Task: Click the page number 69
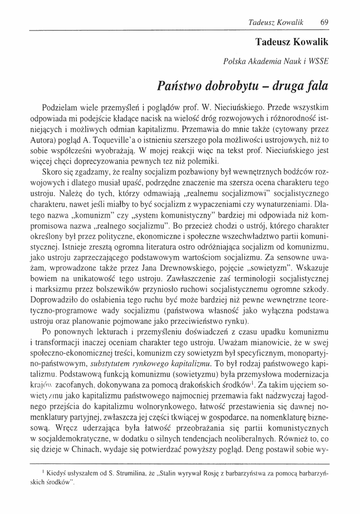click(324, 22)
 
